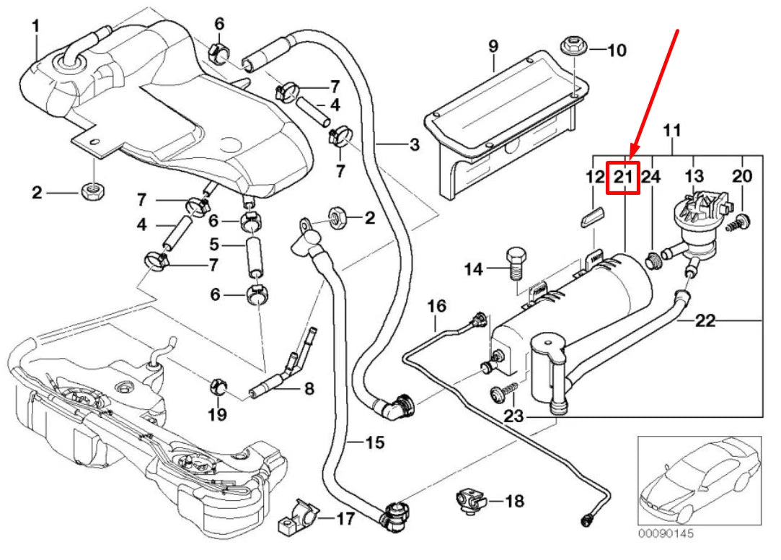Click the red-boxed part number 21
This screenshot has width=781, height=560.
point(622,177)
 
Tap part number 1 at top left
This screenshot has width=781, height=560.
point(35,27)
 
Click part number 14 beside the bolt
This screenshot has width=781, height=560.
point(473,270)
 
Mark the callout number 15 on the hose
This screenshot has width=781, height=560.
point(374,442)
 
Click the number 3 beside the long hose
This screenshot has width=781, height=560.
point(414,145)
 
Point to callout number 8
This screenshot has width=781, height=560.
point(309,390)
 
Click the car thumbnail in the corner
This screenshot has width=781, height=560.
point(699,480)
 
